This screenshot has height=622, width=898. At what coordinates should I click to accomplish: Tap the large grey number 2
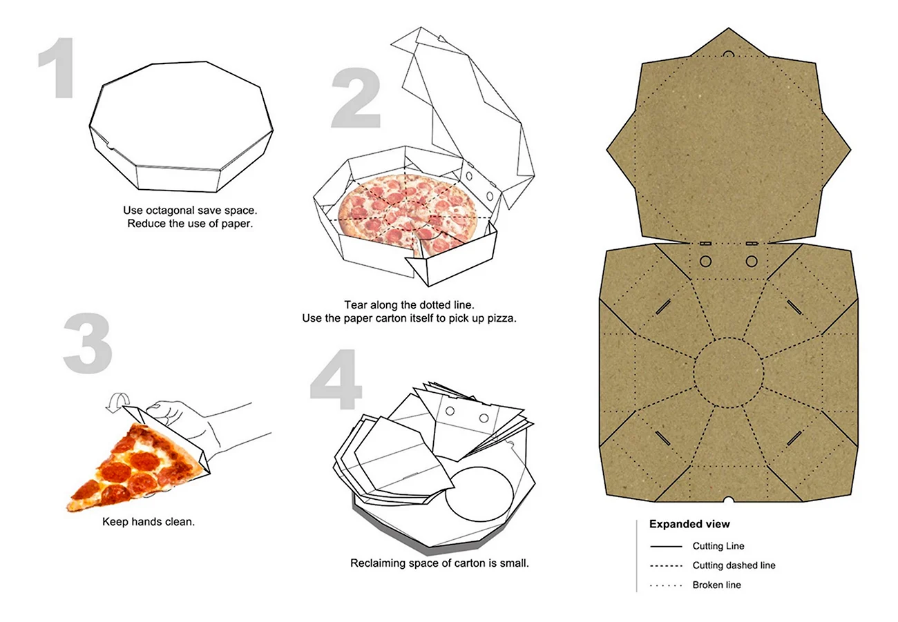[x=356, y=98]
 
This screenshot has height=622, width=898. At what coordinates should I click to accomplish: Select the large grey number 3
[x=88, y=344]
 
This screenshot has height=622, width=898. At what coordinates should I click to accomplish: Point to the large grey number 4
[x=336, y=379]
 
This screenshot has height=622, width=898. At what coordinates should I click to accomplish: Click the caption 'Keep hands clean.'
[x=149, y=521]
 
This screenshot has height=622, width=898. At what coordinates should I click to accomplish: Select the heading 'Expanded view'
[x=689, y=524]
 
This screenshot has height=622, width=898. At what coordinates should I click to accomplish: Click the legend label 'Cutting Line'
[x=718, y=546]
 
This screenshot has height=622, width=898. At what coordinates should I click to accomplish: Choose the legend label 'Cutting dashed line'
[x=734, y=565]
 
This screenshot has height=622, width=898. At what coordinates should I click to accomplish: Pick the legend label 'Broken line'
[x=717, y=585]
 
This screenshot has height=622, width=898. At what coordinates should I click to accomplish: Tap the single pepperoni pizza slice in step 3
[x=134, y=468]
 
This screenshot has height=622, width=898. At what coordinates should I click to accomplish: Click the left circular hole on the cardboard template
[x=705, y=262]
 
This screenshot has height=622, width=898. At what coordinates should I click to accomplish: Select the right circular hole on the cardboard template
[x=752, y=262]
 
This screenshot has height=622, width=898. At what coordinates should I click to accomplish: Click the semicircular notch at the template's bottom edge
[x=729, y=499]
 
